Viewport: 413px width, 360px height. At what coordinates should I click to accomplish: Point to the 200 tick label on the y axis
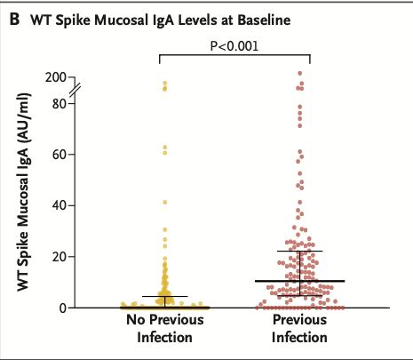click(56, 77)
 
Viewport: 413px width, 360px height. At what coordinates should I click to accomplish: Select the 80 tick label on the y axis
click(60, 102)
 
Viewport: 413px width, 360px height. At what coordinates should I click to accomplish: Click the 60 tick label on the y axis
click(60, 154)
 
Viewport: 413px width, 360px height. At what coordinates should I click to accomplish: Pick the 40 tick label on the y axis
click(60, 205)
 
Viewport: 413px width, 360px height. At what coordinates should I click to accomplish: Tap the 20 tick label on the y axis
click(60, 256)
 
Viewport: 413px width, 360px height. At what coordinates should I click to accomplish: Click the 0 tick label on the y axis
click(63, 308)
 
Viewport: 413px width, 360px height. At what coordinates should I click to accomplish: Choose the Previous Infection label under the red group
click(299, 330)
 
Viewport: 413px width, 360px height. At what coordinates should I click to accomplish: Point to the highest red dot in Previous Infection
click(300, 74)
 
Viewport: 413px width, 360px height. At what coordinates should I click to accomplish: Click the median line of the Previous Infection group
click(299, 281)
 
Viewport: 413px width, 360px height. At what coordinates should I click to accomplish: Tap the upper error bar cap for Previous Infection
click(299, 252)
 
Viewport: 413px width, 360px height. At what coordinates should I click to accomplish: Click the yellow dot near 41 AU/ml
click(164, 203)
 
